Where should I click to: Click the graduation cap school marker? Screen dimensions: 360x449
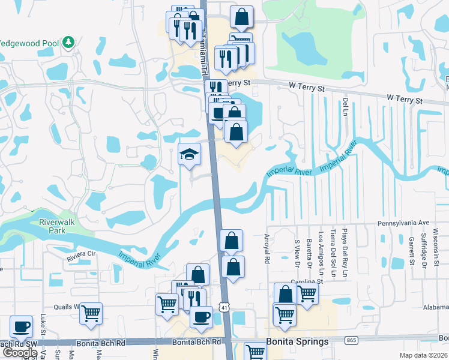pos(189,155)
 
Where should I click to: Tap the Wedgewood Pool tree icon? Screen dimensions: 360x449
pos(69,42)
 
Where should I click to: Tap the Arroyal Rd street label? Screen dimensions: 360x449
pos(268,249)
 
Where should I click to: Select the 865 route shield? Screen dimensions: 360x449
pos(352,340)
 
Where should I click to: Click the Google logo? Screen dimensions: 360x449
pos(20,353)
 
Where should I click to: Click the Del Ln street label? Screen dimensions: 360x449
pos(346,109)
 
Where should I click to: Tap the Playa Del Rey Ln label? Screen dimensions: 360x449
pos(345,246)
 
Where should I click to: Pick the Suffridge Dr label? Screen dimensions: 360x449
pos(424,247)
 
